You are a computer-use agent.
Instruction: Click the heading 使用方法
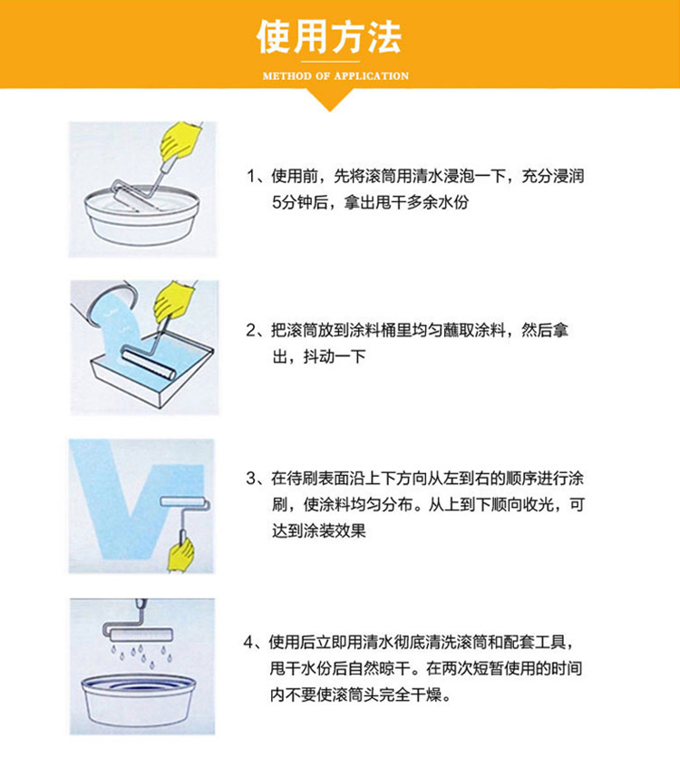329,37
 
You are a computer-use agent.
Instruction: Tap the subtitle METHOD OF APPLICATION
335,76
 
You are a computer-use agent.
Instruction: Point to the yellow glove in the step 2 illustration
174,300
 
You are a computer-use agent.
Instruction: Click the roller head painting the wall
184,502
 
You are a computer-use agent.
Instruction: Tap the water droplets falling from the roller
141,655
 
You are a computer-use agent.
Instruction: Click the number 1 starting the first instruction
250,177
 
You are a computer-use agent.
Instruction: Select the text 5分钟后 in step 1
300,202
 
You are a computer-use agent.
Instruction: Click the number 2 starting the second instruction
251,331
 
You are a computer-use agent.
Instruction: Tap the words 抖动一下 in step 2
335,357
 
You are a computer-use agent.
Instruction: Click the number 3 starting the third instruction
251,479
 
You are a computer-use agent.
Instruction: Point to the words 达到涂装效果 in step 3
319,531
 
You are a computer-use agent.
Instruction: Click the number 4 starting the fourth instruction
248,643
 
